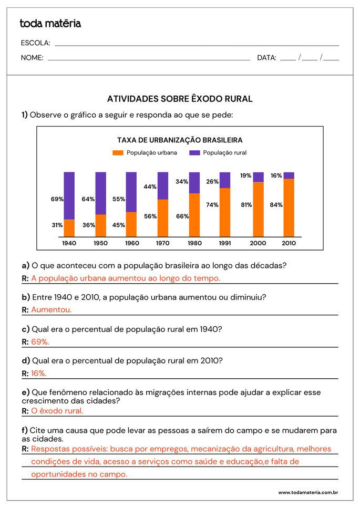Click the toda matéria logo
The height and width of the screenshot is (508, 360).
[x=50, y=24]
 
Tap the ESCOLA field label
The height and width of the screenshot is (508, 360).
[x=35, y=43]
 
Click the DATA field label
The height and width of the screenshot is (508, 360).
[x=266, y=58]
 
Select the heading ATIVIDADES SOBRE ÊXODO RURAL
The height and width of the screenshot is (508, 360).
[x=180, y=99]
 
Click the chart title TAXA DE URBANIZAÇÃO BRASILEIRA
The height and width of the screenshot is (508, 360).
[x=180, y=140]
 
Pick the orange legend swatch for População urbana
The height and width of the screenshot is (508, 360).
[x=118, y=153]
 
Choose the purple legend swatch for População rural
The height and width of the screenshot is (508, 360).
[x=194, y=153]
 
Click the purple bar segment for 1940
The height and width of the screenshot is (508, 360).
[x=69, y=195]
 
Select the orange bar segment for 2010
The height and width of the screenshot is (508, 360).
[x=289, y=208]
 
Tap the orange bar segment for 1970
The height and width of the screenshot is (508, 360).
[x=163, y=218]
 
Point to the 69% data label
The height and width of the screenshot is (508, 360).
[x=57, y=200]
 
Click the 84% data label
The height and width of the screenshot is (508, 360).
[x=276, y=205]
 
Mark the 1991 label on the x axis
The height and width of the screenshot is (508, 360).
[x=225, y=243]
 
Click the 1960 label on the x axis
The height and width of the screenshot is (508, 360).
[x=131, y=243]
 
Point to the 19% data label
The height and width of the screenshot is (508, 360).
[x=246, y=176]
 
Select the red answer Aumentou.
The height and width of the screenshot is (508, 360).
[x=52, y=310]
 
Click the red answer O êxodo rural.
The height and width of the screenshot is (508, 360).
[x=57, y=411]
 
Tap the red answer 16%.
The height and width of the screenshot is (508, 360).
[x=39, y=374]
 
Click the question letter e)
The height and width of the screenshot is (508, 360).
[x=25, y=392]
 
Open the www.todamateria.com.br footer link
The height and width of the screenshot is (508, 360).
[x=308, y=492]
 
